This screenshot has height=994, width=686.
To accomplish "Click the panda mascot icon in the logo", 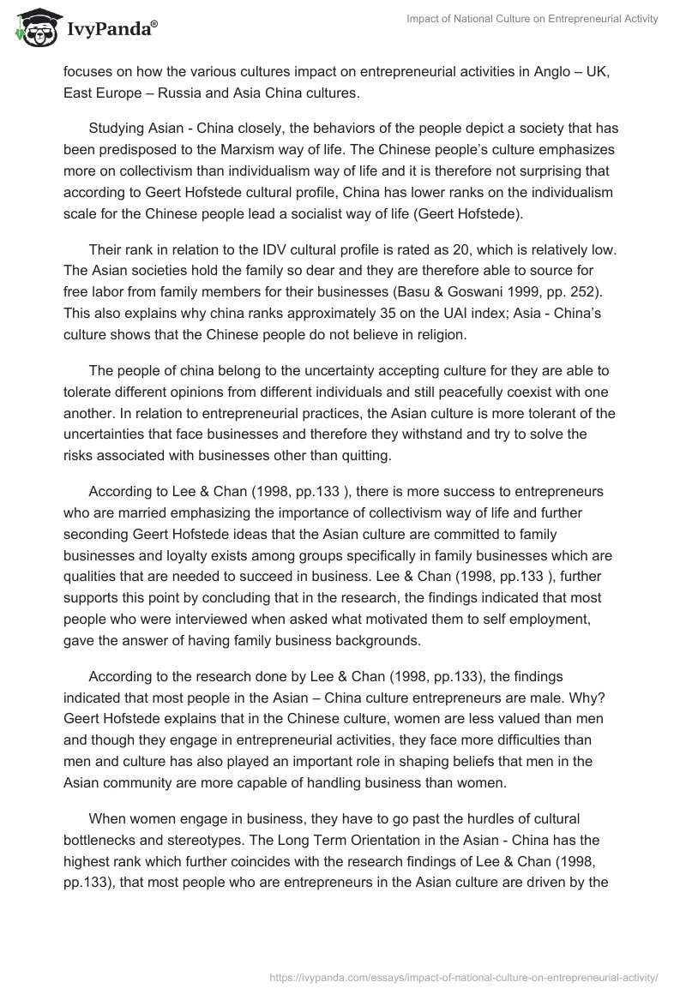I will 34,27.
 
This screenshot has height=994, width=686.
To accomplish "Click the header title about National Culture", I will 532,19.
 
